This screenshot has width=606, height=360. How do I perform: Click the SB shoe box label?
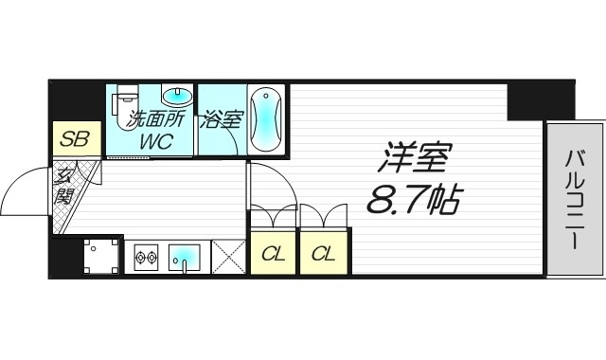click(75, 140)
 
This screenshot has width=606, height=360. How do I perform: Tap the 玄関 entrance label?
click(63, 186)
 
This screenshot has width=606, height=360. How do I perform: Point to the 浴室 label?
click(220, 120)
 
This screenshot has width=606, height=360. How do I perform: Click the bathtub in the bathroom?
click(266, 119)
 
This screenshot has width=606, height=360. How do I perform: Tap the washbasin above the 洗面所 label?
click(176, 95)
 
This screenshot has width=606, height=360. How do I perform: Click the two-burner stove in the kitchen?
click(145, 256)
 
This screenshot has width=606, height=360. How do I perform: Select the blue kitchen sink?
click(186, 256)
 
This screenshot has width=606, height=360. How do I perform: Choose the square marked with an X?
click(229, 256)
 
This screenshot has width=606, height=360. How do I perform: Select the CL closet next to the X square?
click(273, 253)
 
